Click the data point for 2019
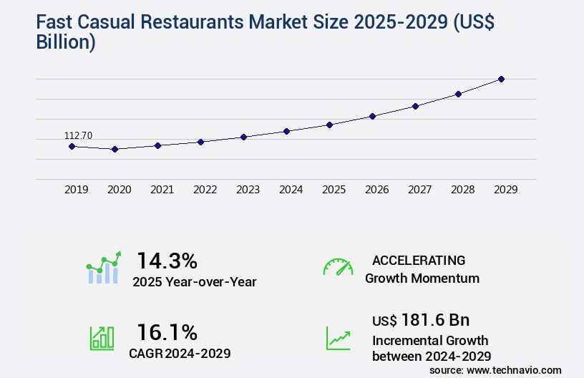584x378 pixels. point(72,146)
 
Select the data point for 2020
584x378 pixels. point(115,149)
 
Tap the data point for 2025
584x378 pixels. point(329,125)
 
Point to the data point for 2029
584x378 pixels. point(501,79)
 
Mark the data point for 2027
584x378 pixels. point(415,106)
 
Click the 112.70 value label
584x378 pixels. point(78,135)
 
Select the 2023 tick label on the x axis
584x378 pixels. point(248,190)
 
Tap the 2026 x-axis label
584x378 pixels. point(376,190)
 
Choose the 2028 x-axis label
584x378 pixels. point(462,190)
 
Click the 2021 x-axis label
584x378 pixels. point(162,190)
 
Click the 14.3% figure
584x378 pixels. point(167,260)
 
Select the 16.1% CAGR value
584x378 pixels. point(167,331)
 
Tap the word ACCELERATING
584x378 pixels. point(419,260)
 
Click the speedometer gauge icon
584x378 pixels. point(338,266)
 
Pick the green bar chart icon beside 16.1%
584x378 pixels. point(102,337)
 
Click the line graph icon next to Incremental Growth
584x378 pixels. point(338,337)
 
